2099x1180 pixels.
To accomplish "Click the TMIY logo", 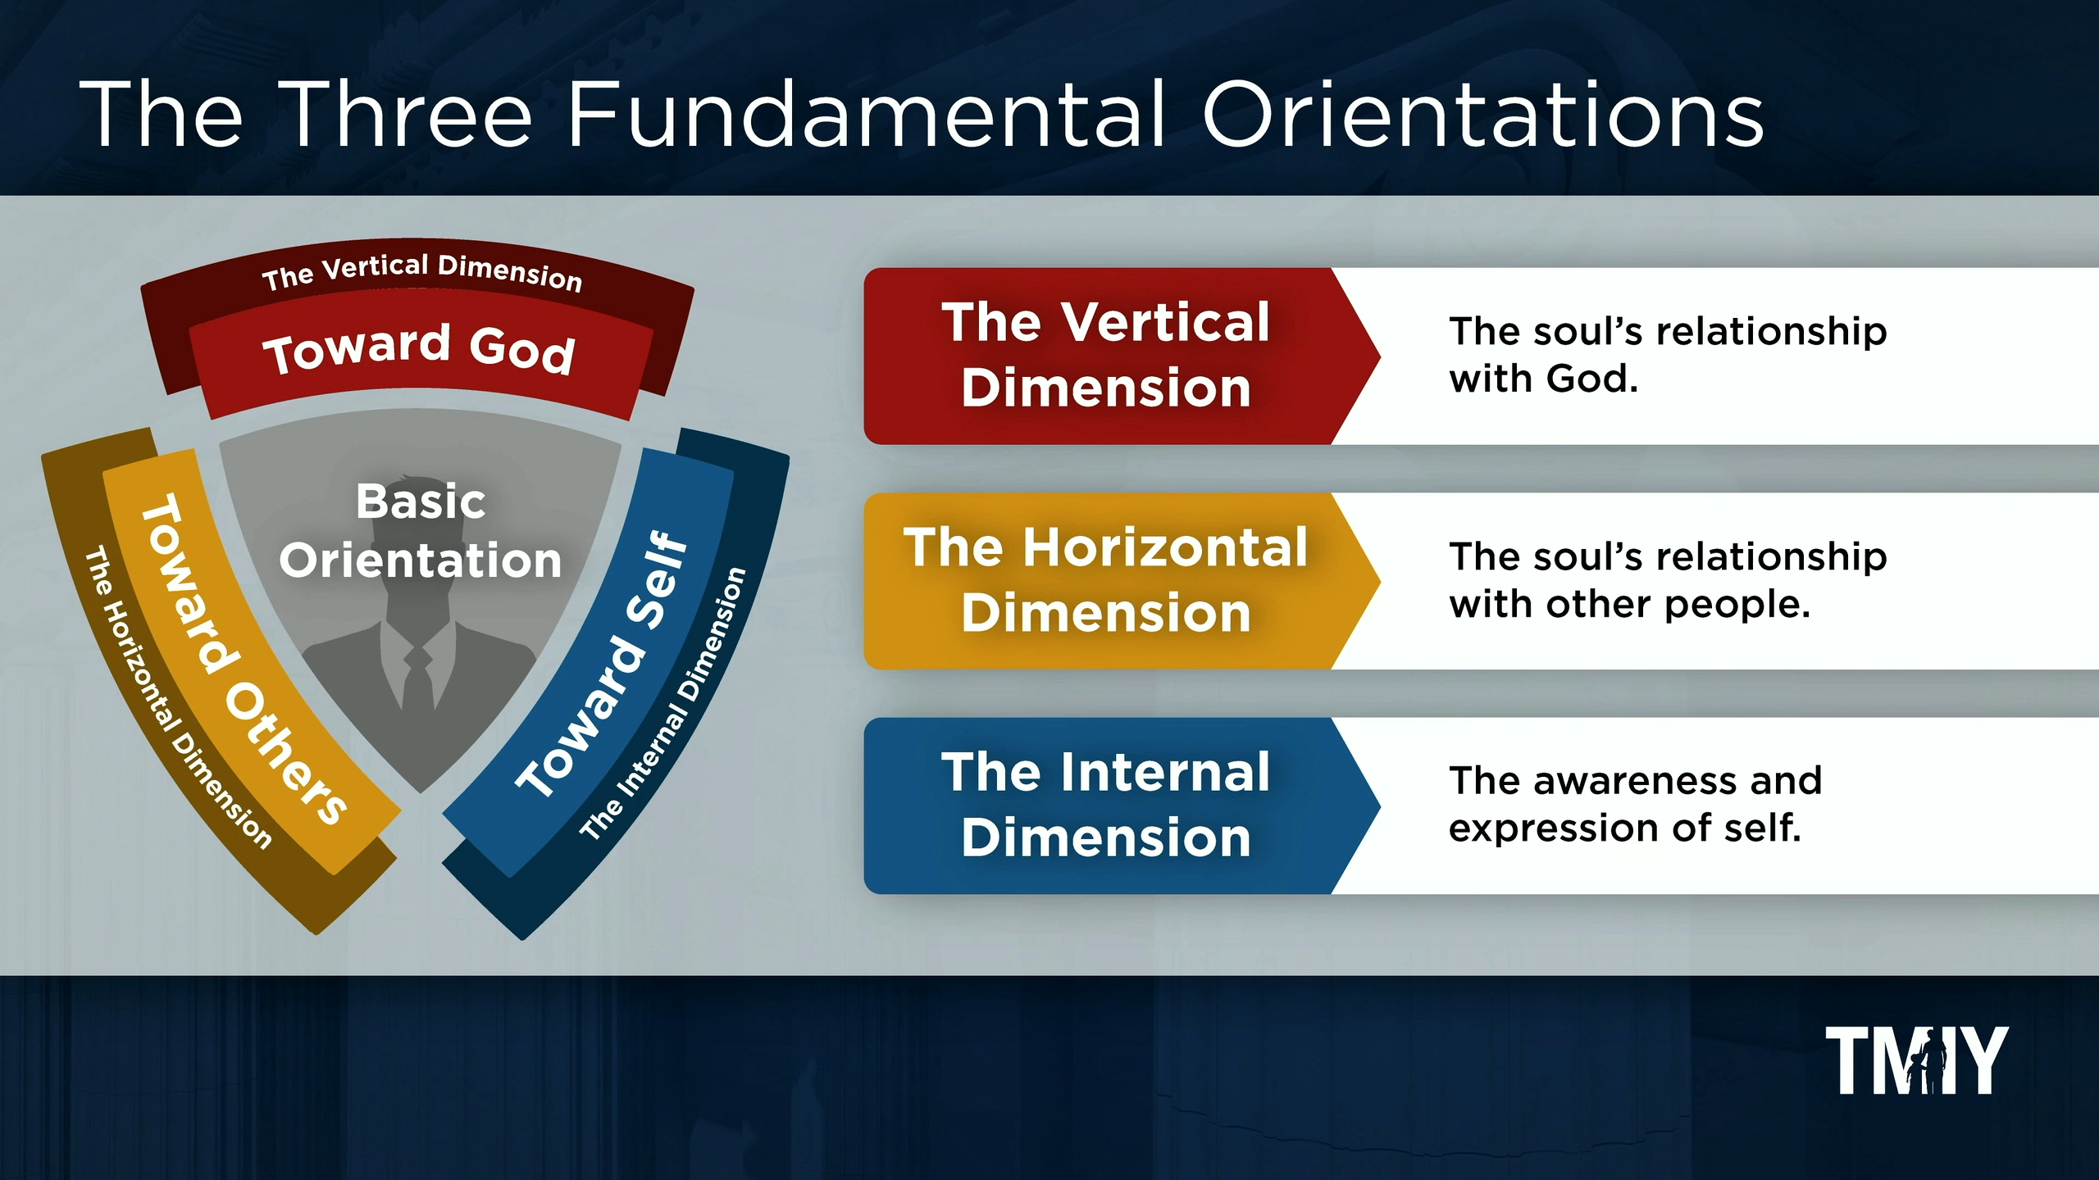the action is click(1916, 1060).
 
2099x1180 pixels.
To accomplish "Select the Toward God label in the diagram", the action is click(419, 349).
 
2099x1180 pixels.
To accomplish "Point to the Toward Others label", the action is click(242, 659).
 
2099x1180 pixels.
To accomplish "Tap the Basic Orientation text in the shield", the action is click(421, 530).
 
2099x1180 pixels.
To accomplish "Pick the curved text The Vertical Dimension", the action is click(421, 272).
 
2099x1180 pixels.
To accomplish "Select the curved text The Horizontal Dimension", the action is click(177, 697).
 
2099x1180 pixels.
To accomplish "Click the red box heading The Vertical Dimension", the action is click(1105, 354).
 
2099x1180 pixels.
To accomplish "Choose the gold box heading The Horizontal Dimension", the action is click(1105, 579).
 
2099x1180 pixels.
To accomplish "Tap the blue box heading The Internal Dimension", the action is click(1105, 805).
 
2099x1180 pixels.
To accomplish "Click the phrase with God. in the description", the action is click(1543, 379).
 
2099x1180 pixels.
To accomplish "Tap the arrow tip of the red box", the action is click(1379, 356).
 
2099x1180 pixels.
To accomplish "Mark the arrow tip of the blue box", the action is click(1379, 806).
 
